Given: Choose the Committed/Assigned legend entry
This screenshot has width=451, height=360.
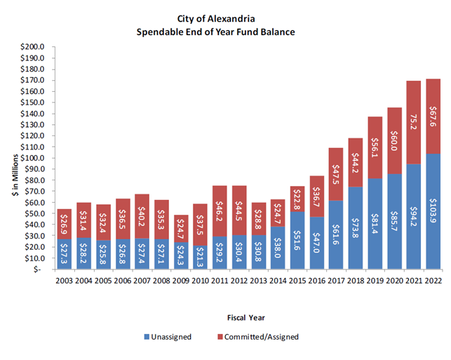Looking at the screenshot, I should [264, 337].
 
